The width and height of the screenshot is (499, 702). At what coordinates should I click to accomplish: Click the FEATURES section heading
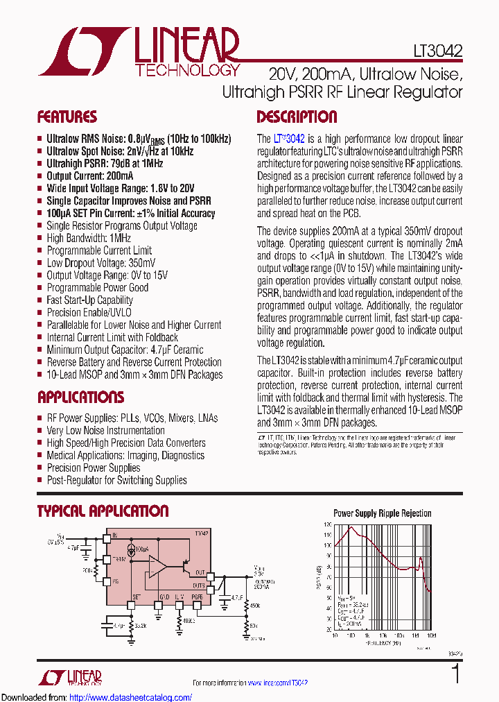point(67,117)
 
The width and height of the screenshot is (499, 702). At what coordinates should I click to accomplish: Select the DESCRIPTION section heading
point(297,117)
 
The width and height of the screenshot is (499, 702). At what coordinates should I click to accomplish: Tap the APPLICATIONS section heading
point(80,397)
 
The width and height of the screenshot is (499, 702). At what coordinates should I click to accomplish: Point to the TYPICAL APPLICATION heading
point(103,511)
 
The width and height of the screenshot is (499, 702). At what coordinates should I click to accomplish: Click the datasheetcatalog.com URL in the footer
point(131,697)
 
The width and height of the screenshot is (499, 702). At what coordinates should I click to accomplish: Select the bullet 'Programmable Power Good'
point(97,288)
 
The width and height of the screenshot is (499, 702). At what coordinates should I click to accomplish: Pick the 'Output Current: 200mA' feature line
point(91,176)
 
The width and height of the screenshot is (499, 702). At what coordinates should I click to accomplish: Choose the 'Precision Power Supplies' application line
point(93,468)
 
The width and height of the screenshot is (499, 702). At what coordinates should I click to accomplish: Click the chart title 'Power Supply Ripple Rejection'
point(383,514)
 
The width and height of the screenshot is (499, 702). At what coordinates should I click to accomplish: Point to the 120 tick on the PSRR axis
point(327,525)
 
